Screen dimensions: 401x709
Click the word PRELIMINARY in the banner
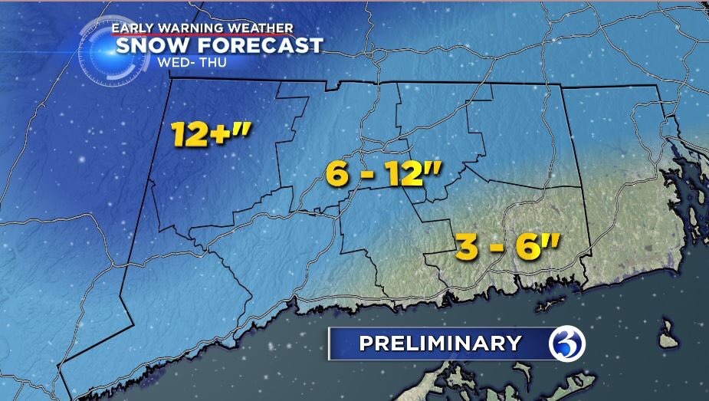[x=440, y=343]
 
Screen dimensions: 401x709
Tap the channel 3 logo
[x=567, y=343]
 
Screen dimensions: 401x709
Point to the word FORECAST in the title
[x=261, y=45]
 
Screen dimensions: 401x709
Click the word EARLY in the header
[x=132, y=28]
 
